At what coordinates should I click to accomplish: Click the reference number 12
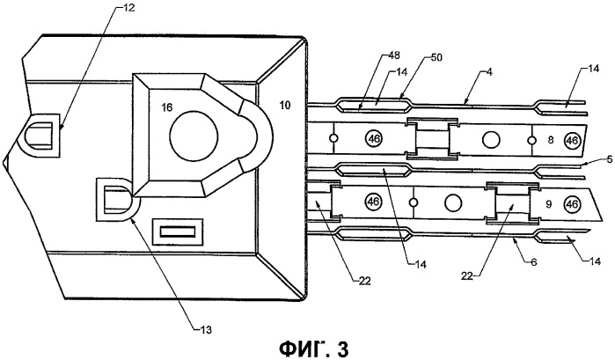(x=128, y=7)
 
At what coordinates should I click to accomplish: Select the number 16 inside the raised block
(x=167, y=107)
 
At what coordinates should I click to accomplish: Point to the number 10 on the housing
(x=285, y=106)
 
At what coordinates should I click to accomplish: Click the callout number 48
(x=393, y=55)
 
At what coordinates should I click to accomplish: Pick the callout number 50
(x=436, y=57)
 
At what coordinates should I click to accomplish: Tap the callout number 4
(x=489, y=72)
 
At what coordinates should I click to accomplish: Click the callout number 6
(x=534, y=261)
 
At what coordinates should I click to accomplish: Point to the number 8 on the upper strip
(x=551, y=140)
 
